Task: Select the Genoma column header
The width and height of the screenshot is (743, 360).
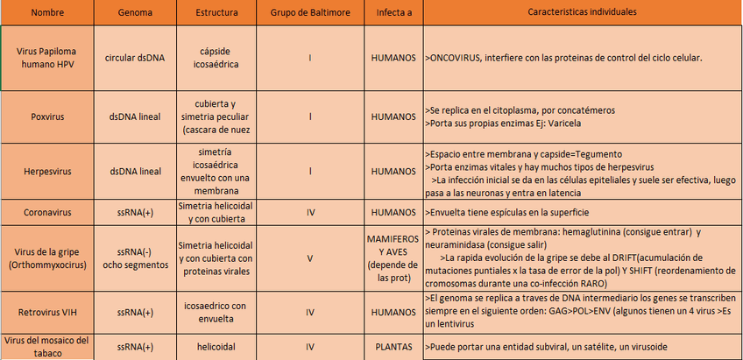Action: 136,13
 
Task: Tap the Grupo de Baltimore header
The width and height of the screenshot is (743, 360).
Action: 310,13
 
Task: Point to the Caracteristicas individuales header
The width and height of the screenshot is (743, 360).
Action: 583,12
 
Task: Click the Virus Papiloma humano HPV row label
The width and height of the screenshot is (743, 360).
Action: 46,57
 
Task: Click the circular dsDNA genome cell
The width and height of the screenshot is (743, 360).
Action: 136,58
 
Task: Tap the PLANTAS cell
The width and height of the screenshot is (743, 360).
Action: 393,347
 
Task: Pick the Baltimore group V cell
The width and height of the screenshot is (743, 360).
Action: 310,258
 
